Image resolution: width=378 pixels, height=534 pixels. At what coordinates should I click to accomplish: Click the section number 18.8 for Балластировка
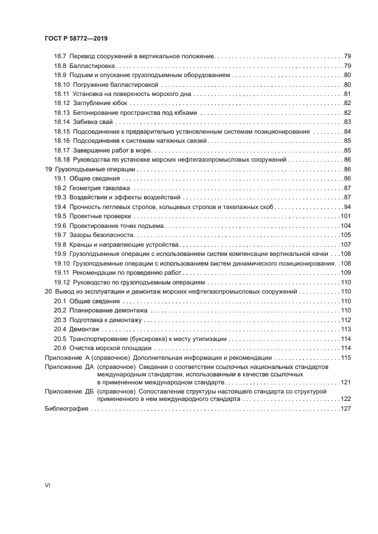[x=61, y=66]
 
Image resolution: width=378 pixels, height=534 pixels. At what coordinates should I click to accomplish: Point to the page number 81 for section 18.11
[x=347, y=94]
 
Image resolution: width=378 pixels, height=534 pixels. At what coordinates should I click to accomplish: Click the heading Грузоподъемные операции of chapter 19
[x=95, y=169]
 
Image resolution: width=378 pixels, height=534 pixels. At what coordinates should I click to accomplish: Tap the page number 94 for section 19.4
[x=347, y=206]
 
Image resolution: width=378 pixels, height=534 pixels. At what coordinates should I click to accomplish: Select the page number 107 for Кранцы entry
[x=345, y=244]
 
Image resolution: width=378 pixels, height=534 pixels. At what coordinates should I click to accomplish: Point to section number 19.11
[x=61, y=272]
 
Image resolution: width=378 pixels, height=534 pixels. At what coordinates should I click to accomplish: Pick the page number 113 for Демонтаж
[x=345, y=329]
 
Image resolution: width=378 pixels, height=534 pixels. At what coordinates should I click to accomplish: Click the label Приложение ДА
[x=69, y=366]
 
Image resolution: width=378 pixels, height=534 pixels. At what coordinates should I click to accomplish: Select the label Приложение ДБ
[x=69, y=392]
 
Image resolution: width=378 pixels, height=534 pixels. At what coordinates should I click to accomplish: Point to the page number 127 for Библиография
[x=345, y=408]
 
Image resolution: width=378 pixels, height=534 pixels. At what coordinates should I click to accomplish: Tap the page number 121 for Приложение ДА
[x=345, y=382]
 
